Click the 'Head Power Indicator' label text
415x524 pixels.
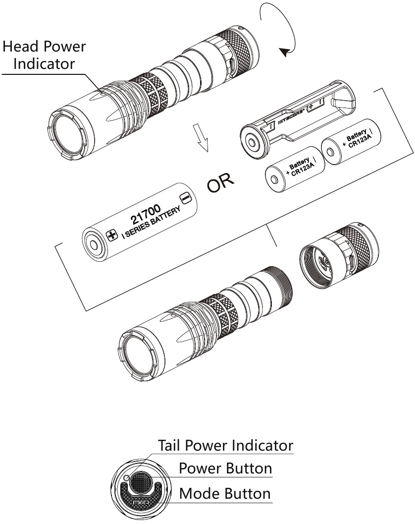[x=44, y=55]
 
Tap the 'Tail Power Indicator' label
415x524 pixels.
[x=225, y=445]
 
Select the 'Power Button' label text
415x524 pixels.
[x=225, y=468]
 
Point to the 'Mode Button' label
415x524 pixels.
[x=225, y=493]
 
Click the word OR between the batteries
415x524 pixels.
[x=221, y=184]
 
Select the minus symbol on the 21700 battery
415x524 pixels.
[x=185, y=198]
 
